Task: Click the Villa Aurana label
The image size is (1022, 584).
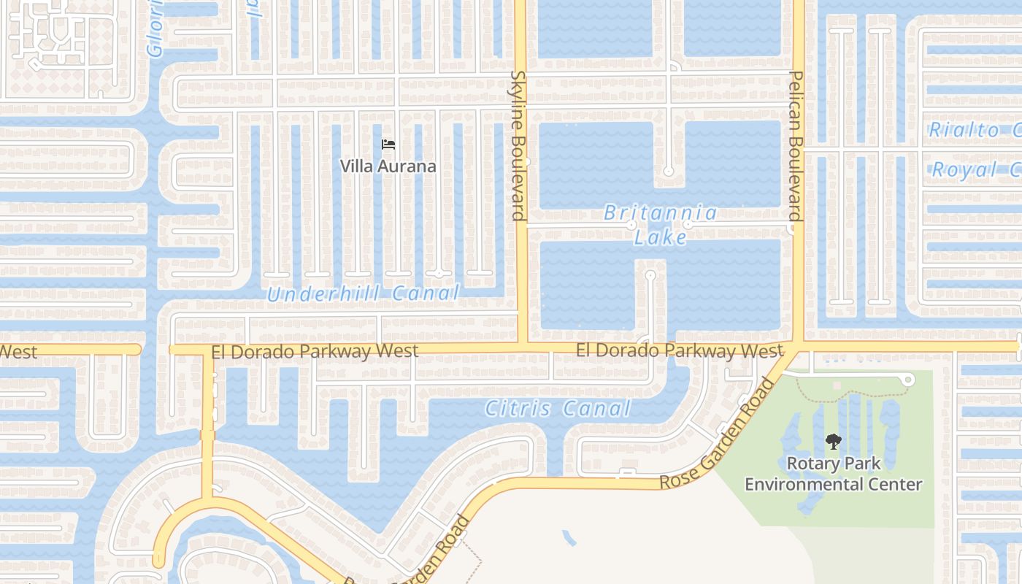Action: point(388,166)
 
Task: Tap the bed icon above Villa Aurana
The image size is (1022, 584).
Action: point(388,145)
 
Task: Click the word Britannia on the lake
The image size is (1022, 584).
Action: point(661,213)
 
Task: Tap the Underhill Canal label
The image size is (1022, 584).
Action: point(363,293)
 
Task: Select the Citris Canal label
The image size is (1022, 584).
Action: point(558,409)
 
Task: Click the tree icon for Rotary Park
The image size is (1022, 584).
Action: point(833,441)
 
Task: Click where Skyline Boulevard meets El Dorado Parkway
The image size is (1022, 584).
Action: point(522,343)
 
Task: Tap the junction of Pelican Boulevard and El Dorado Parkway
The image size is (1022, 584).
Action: point(798,343)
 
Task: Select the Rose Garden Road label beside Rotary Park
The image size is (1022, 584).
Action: point(715,435)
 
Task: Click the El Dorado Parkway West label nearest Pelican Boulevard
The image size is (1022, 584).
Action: point(679,351)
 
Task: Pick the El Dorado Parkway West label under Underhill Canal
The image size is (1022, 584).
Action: point(315,352)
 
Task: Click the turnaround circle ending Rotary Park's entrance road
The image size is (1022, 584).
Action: point(908,380)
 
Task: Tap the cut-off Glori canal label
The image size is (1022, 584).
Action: point(155,29)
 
